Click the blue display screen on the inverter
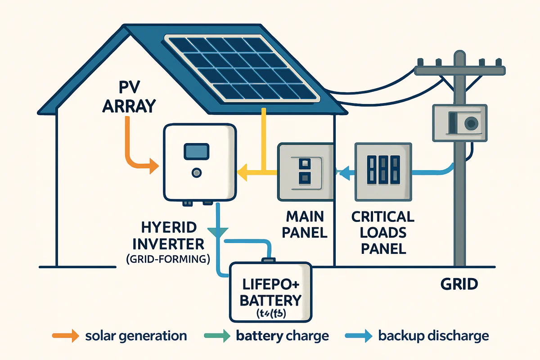pyautogui.click(x=196, y=151)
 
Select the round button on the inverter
pyautogui.click(x=196, y=172)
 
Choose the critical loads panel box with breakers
pyautogui.click(x=383, y=171)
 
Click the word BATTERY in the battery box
pyautogui.click(x=270, y=300)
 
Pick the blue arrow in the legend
pyautogui.click(x=358, y=336)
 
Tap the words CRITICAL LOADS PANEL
pyautogui.click(x=383, y=232)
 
